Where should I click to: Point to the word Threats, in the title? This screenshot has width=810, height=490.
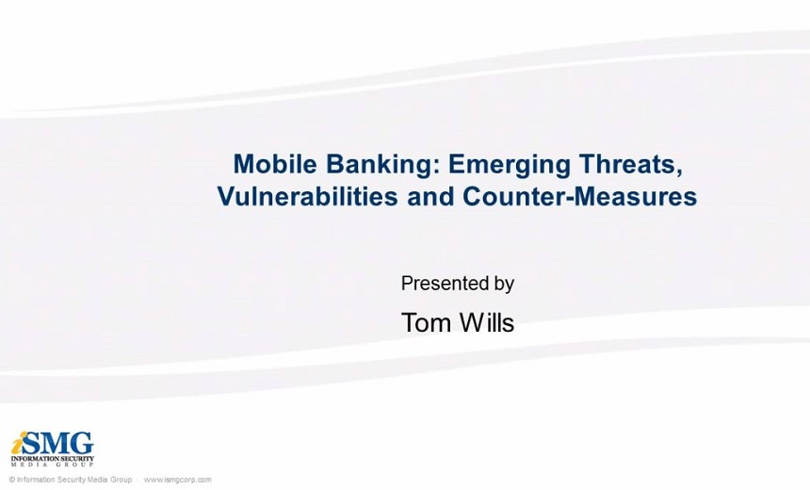tap(630, 164)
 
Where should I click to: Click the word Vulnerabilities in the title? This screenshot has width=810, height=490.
tap(307, 196)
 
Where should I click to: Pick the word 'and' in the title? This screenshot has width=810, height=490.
tap(429, 196)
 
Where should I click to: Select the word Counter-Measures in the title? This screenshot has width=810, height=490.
tap(579, 196)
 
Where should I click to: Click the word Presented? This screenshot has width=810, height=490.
tap(441, 284)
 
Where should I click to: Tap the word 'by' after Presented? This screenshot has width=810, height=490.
tap(499, 285)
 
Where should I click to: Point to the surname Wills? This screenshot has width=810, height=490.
tap(487, 322)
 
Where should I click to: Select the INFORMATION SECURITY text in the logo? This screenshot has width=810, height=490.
tap(53, 459)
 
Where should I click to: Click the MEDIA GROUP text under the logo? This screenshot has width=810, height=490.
tap(53, 465)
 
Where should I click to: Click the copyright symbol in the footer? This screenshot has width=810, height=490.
tap(12, 480)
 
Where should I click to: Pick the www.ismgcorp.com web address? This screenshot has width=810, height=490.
tap(177, 480)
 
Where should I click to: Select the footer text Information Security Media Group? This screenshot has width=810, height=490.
tap(74, 480)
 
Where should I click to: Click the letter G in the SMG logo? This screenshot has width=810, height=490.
tap(82, 444)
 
